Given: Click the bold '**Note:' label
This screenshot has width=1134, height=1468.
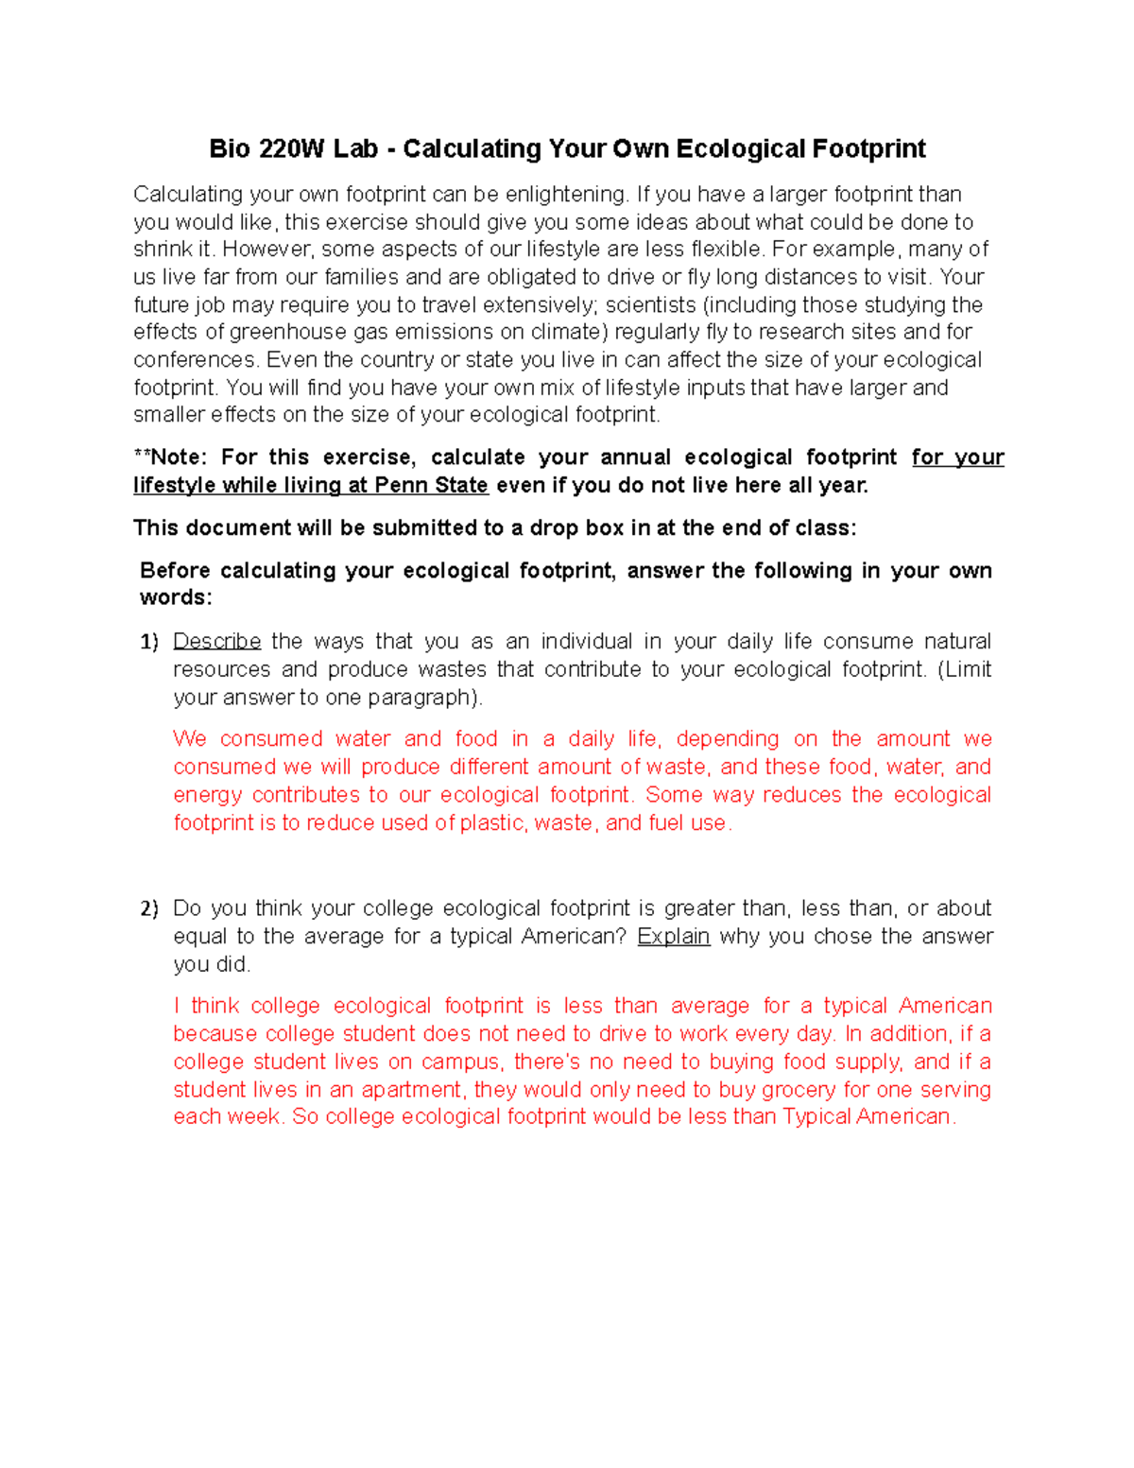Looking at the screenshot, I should [170, 458].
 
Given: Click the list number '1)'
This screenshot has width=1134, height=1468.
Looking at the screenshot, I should [149, 643].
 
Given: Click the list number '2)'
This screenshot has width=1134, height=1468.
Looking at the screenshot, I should [149, 909].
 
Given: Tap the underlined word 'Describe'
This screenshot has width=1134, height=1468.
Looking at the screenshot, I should [216, 642].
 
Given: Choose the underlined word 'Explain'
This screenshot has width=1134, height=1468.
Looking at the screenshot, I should [673, 937].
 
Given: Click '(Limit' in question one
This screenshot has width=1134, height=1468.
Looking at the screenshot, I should [964, 670].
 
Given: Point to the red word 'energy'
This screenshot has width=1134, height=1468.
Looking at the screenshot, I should [206, 796].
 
